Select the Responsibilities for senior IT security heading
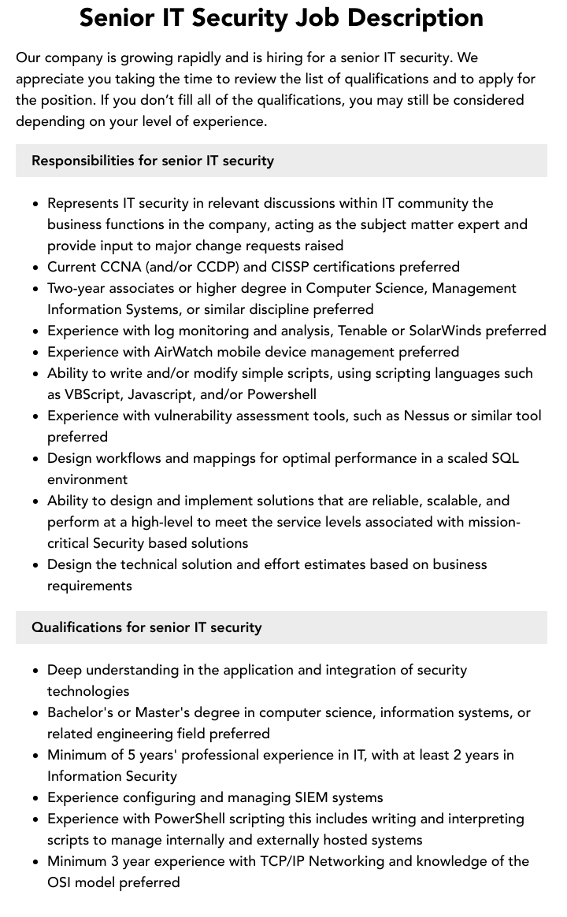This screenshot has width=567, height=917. click(x=153, y=161)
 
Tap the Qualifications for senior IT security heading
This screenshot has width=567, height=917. click(x=146, y=627)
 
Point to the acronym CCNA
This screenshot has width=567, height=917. click(x=120, y=267)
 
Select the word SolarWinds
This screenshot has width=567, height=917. click(x=447, y=331)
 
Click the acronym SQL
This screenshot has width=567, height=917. click(x=505, y=458)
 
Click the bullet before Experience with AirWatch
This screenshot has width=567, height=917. click(x=35, y=353)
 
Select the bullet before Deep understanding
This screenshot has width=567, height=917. click(x=35, y=671)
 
